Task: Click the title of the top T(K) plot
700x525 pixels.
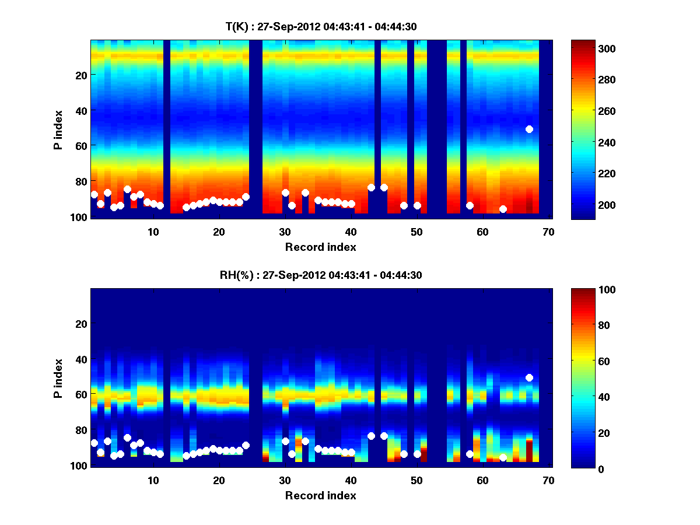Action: coord(320,26)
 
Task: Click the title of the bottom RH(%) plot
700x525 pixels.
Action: coord(320,275)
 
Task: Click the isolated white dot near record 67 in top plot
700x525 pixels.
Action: coord(529,129)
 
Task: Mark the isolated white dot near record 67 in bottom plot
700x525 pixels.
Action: coord(529,377)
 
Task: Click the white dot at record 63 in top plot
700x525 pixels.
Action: coord(503,209)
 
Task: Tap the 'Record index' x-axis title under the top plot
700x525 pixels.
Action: coord(320,247)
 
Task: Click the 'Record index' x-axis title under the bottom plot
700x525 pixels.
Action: coord(320,495)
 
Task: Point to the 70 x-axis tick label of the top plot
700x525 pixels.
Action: coord(548,232)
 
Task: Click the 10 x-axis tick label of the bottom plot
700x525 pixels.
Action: coord(153,480)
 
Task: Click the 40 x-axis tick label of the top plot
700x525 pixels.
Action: coord(351,232)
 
